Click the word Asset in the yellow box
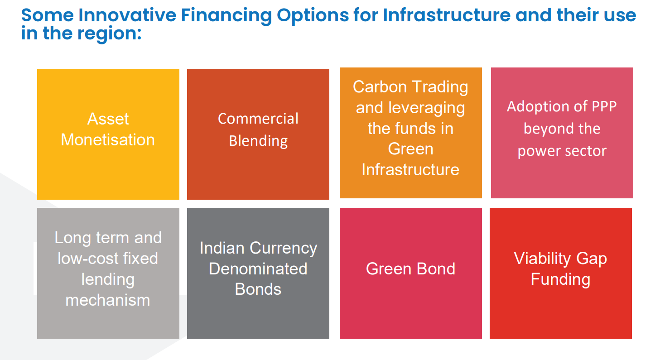click(108, 119)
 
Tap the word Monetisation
click(108, 139)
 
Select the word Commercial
click(258, 119)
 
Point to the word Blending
click(258, 141)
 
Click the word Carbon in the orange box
click(380, 87)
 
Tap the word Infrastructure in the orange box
click(410, 170)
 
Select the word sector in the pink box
click(585, 151)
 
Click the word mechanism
click(108, 301)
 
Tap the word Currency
click(284, 248)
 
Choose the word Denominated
click(258, 269)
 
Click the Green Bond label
click(410, 269)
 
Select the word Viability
click(542, 259)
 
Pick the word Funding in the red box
click(560, 279)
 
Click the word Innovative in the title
click(127, 15)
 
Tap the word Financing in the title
click(226, 16)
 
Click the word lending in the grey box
click(108, 280)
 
